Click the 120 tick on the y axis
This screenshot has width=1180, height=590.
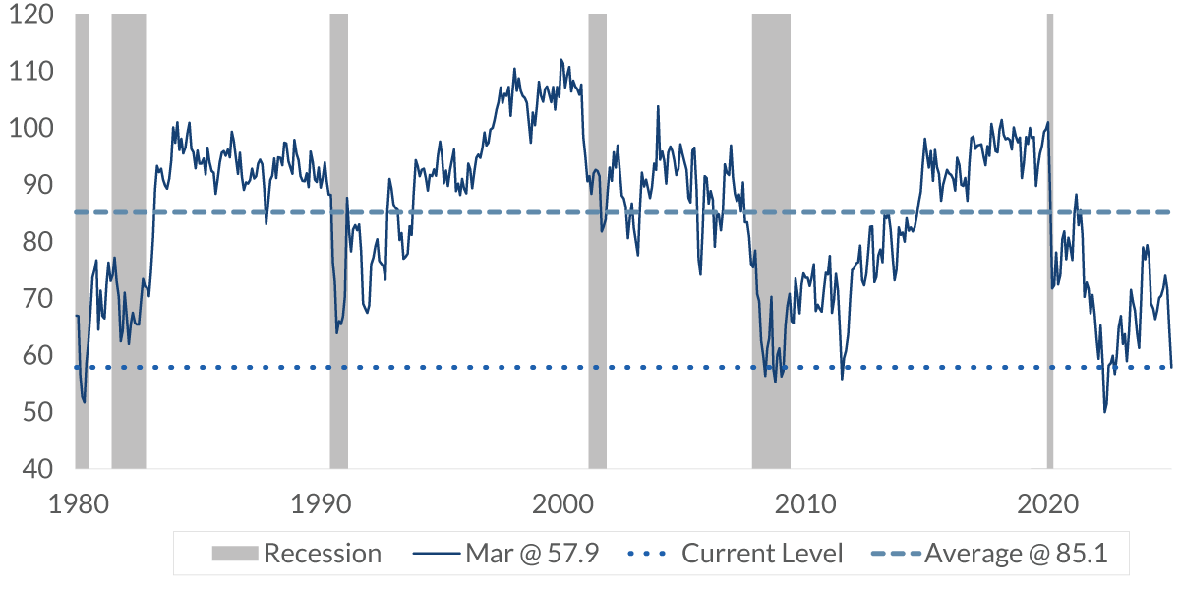[32, 16]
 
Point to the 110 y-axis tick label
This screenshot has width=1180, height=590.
[32, 72]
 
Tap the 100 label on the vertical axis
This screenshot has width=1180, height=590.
[32, 129]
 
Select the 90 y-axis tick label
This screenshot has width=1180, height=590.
[38, 185]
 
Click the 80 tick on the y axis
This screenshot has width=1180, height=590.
[38, 242]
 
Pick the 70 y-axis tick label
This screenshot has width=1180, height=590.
[38, 298]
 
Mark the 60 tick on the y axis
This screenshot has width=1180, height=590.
[38, 355]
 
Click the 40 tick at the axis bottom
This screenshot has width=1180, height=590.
[38, 468]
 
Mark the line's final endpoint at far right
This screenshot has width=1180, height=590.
[1171, 367]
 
